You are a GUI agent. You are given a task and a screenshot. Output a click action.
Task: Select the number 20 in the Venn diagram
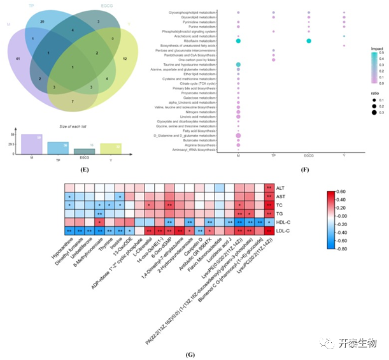pyautogui.click(x=41, y=22)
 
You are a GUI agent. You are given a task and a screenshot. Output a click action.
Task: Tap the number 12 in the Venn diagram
pyautogui.click(x=124, y=59)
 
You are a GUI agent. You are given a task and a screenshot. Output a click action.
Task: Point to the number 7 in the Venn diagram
pyautogui.click(x=73, y=101)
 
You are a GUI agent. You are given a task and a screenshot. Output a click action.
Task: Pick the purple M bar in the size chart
pyautogui.click(x=31, y=144)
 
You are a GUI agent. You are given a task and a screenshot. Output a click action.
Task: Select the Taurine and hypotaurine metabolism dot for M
pyautogui.click(x=238, y=65)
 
